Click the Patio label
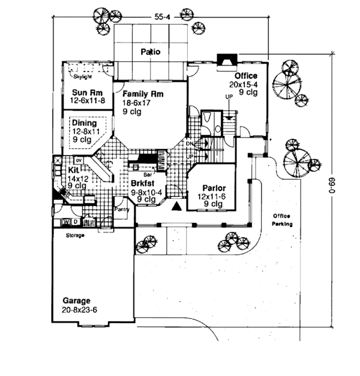point(151,52)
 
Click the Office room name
point(246,76)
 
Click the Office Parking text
point(281,220)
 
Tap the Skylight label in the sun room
point(82,77)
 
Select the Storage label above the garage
point(74,235)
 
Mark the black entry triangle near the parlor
point(177,207)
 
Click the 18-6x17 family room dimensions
point(139,103)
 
